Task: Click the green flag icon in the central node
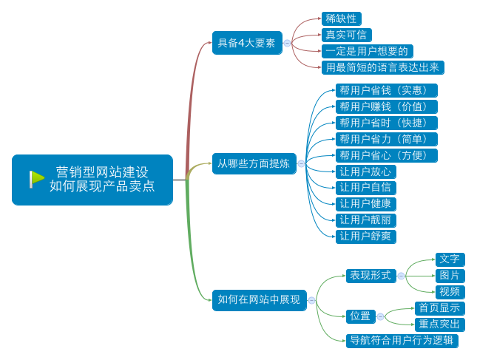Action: pos(37,179)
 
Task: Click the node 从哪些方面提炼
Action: pos(253,163)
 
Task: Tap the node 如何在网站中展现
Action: pos(259,299)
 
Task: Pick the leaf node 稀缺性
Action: pos(341,18)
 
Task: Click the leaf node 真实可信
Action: pos(346,35)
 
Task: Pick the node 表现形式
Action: pos(371,276)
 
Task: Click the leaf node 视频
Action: pos(450,291)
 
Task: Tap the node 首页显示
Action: pos(439,308)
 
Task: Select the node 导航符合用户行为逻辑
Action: pos(402,341)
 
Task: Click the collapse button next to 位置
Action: pos(381,316)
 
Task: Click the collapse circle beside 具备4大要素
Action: pos(287,44)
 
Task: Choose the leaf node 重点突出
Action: pos(439,325)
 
